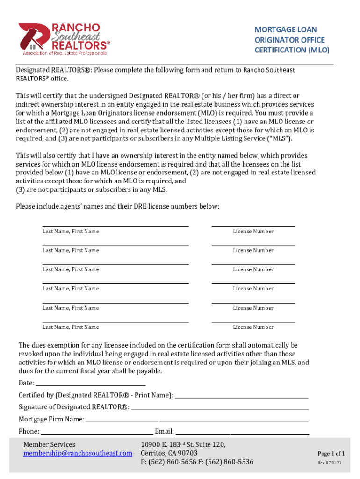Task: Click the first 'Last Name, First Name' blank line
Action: coord(115,226)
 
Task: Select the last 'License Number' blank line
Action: coord(253,321)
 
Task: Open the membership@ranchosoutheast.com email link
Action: coord(78,453)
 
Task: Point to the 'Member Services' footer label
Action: coord(49,444)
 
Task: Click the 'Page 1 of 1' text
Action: coord(331,454)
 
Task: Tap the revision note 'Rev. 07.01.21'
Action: coord(330,463)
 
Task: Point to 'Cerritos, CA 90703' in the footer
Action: coord(169,453)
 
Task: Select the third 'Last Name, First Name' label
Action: coord(71,269)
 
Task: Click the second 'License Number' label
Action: coord(253,250)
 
